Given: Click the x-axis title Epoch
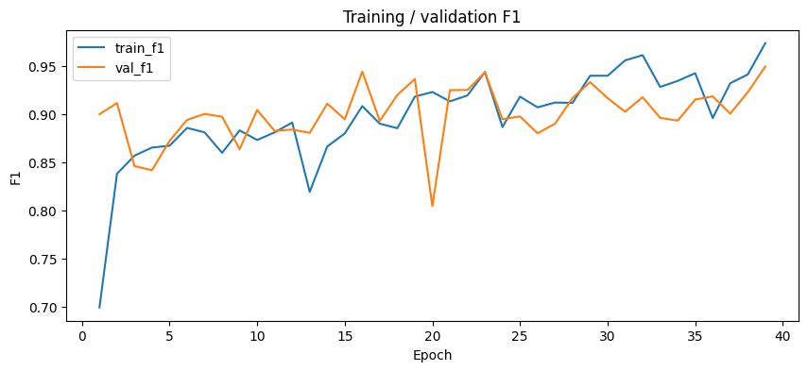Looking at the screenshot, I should pos(433,356).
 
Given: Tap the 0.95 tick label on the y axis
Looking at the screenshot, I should pos(43,67).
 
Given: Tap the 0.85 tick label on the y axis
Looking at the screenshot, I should pos(43,163).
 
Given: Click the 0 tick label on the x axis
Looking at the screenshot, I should pos(82,335).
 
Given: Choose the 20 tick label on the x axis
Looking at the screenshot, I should pos(432,335).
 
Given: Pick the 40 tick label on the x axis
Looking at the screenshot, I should pos(782,335).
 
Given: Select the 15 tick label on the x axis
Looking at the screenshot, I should pos(345,335).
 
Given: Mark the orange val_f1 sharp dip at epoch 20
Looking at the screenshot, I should pos(432,206).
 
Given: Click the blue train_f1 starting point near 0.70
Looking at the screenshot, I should pos(99,308).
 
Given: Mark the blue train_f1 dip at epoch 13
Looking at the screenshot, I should pos(309,192).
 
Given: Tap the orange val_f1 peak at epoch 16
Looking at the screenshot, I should pos(362,72).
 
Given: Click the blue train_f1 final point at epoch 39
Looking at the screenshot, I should pos(765,43).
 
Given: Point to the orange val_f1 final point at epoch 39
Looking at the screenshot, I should pos(765,66).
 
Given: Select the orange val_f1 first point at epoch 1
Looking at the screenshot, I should pos(99,114).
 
